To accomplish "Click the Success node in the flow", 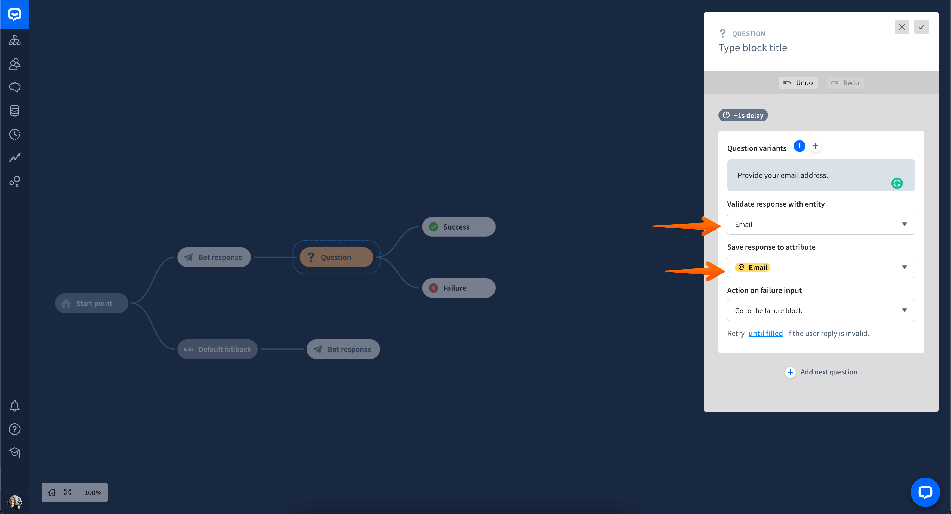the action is pos(459,227).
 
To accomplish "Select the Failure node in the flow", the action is pos(459,288).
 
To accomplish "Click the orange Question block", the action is pos(336,257).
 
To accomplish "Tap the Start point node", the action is pos(92,303).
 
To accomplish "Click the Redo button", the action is pos(845,83).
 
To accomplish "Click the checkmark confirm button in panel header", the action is pos(921,27).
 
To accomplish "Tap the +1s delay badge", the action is pos(743,115).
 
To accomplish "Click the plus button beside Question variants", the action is pos(815,146).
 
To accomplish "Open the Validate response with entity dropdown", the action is pos(821,224).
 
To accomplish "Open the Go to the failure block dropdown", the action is pos(821,310).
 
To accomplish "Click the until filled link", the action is pos(765,333).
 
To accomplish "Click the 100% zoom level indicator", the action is pos(93,492).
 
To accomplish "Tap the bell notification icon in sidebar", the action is pos(14,406).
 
